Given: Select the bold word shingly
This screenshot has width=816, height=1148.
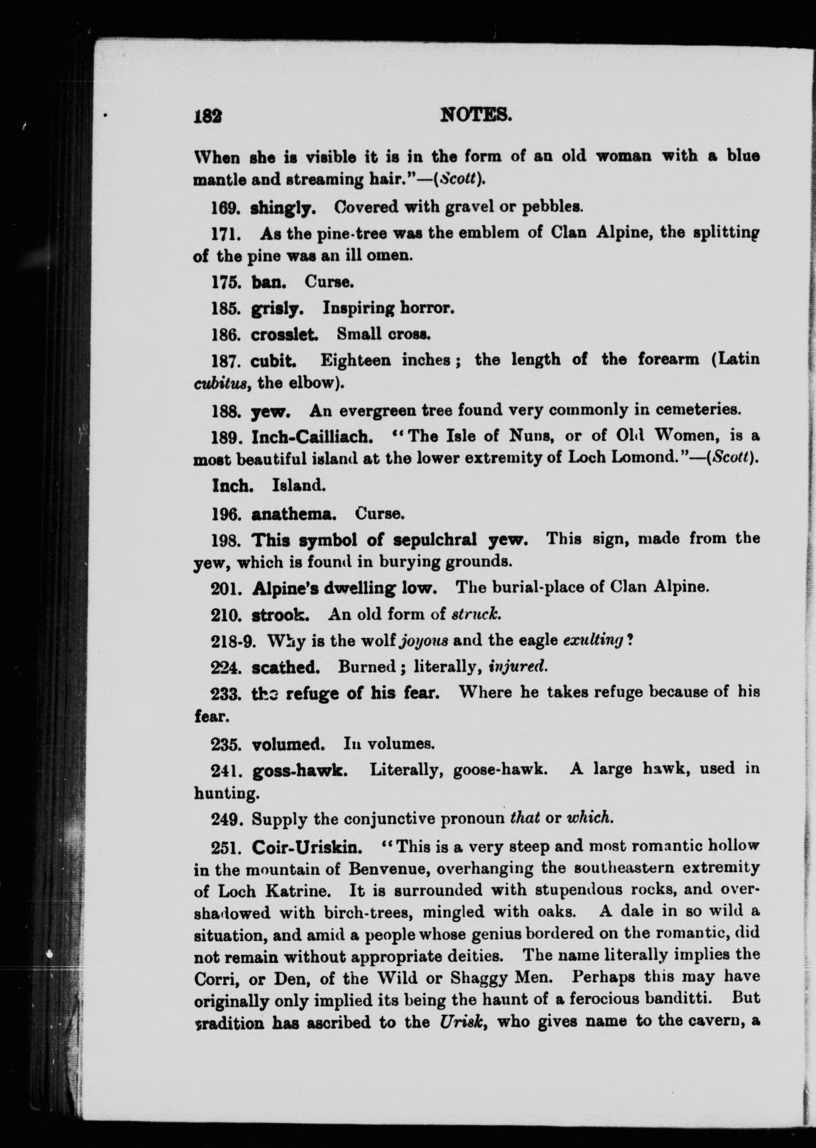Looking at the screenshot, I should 283,207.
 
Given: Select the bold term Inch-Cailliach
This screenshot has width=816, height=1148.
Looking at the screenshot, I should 312,436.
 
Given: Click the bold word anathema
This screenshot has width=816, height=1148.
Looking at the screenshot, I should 293,514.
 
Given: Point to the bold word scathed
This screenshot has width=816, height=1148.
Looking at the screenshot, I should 285,668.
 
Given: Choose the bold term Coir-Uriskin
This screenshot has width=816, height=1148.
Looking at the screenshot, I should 306,847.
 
